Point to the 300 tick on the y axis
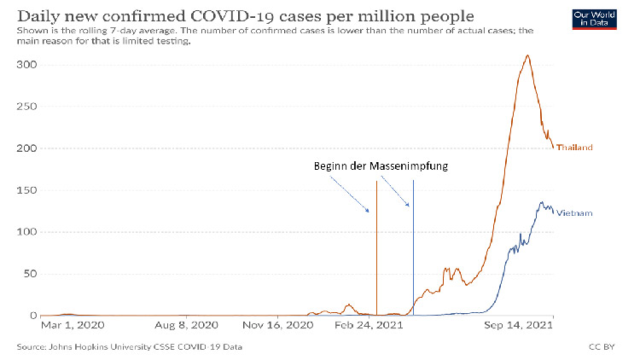28,66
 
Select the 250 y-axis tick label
28,107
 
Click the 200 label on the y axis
28,149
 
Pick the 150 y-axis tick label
28,191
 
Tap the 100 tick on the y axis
28,233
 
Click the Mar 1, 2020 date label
73,325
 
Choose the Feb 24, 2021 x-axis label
367,325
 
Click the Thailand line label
574,148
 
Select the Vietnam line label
574,213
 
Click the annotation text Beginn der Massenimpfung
381,165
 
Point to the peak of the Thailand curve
528,56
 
